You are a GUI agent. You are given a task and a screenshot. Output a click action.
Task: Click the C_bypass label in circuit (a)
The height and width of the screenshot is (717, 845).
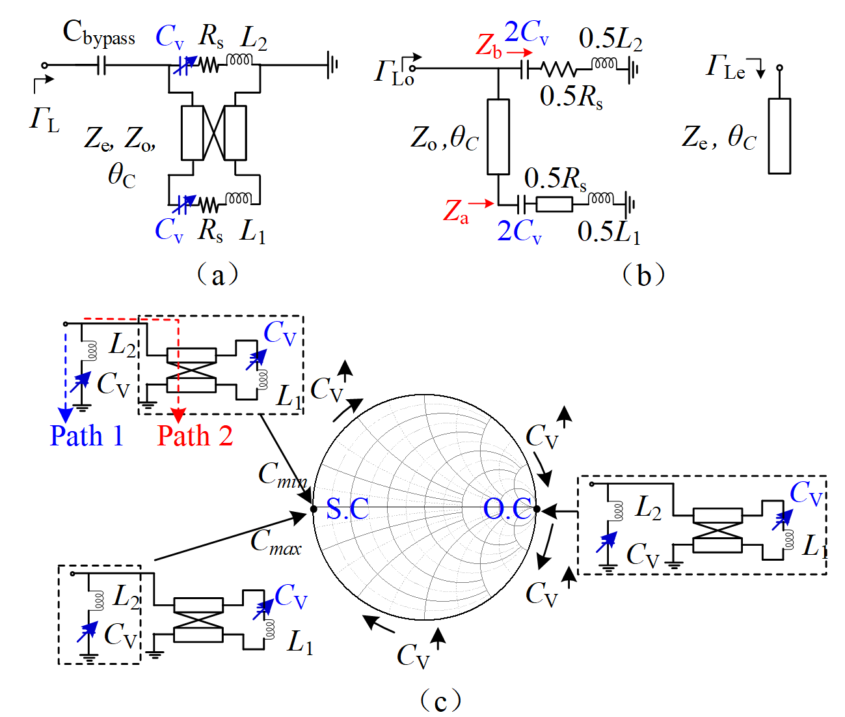click(98, 34)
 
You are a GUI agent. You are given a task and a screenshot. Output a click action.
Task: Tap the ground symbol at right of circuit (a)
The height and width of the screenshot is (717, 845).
click(332, 65)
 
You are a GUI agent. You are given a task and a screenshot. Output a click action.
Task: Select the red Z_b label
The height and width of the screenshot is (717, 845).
click(489, 46)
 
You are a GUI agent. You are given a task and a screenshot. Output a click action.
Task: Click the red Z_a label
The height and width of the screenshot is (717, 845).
click(455, 212)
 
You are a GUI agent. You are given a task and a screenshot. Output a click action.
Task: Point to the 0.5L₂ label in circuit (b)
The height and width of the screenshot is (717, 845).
click(610, 40)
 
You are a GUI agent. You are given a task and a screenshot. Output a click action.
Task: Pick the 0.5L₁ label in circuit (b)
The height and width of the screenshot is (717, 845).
click(609, 232)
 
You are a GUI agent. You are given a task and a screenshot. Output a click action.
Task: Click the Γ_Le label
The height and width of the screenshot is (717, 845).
click(726, 67)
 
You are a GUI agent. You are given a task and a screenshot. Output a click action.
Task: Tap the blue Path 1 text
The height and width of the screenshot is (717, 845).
click(87, 436)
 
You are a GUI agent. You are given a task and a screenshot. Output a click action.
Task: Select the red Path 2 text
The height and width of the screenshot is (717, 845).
click(194, 436)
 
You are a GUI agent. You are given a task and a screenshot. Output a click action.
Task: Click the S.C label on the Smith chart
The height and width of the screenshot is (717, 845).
click(347, 509)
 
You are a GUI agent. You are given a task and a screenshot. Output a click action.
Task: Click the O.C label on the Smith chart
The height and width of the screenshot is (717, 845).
click(507, 509)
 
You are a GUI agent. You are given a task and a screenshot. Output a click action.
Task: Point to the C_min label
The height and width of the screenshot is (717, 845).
click(282, 475)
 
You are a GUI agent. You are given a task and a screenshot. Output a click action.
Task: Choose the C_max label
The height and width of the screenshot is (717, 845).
click(276, 541)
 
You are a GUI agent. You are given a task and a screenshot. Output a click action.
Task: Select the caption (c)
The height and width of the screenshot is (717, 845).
click(440, 701)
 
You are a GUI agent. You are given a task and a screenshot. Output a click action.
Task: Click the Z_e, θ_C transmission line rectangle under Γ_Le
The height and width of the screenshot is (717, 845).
click(779, 136)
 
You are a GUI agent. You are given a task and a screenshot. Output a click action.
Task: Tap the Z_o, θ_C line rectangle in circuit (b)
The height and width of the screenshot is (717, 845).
click(498, 137)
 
